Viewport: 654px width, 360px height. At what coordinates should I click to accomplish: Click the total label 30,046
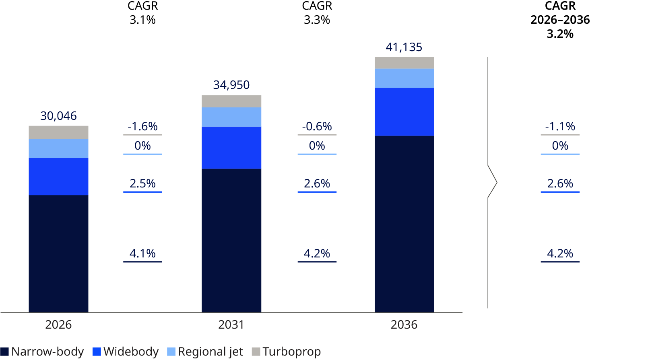pyautogui.click(x=58, y=116)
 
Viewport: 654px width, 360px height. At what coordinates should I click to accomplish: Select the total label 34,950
pyautogui.click(x=231, y=85)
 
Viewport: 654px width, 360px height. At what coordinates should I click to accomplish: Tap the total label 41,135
pyautogui.click(x=404, y=47)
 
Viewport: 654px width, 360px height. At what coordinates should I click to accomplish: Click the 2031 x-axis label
pyautogui.click(x=231, y=325)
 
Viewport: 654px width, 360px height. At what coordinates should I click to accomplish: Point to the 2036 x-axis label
pyautogui.click(x=404, y=325)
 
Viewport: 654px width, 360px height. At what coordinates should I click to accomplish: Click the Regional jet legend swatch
pyautogui.click(x=171, y=352)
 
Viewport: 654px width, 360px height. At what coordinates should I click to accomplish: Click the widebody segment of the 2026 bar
pyautogui.click(x=58, y=177)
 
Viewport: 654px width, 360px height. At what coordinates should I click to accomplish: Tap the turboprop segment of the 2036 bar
pyautogui.click(x=404, y=63)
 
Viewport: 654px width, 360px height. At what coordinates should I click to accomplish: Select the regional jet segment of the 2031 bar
pyautogui.click(x=231, y=117)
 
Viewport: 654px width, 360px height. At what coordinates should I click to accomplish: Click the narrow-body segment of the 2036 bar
pyautogui.click(x=404, y=224)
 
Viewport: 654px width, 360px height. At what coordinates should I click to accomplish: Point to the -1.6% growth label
pyautogui.click(x=142, y=126)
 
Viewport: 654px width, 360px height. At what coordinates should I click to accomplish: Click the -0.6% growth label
pyautogui.click(x=317, y=126)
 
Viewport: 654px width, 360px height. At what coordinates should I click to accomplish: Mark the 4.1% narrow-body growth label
pyautogui.click(x=142, y=253)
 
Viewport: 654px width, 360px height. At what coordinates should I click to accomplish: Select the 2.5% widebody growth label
pyautogui.click(x=142, y=183)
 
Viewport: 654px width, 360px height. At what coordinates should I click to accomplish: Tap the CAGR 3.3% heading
pyautogui.click(x=317, y=13)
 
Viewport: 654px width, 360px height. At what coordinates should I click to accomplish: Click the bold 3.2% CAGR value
pyautogui.click(x=560, y=34)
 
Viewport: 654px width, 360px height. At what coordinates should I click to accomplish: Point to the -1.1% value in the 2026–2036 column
pyautogui.click(x=560, y=126)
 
